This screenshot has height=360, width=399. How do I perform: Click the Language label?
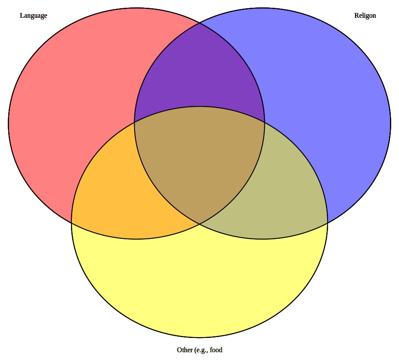33,16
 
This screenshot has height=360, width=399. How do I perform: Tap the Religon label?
365,16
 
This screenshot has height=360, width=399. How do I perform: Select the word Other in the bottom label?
184,350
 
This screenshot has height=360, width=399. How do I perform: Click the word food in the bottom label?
216,350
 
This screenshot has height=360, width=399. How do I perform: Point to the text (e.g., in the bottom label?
201,350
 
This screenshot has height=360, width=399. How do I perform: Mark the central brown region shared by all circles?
199,160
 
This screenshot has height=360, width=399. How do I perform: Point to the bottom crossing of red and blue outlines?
199,224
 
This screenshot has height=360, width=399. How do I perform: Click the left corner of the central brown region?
135,122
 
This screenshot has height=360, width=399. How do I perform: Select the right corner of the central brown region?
264,122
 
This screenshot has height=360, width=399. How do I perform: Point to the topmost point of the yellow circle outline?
199,106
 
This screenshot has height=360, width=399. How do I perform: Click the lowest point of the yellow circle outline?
199,337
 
